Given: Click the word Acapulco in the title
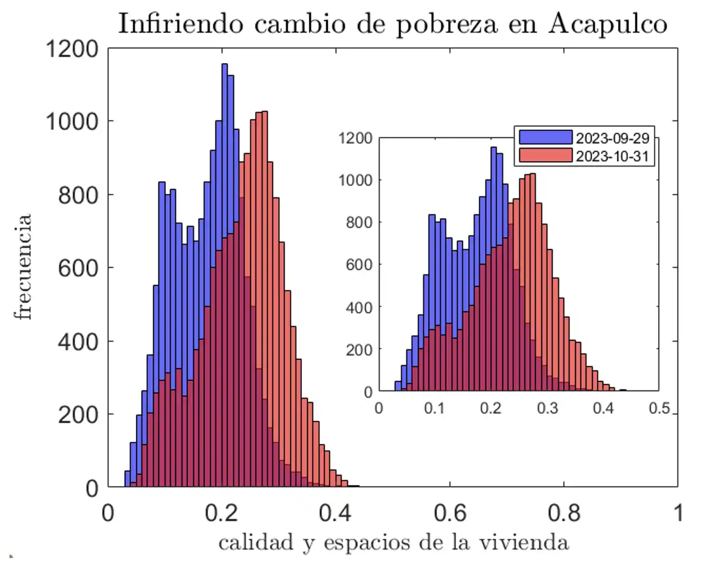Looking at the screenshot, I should (x=608, y=24).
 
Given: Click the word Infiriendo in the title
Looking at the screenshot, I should (x=180, y=24).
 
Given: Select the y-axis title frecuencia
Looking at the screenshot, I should (x=23, y=267).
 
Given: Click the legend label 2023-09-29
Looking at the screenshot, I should (x=612, y=138).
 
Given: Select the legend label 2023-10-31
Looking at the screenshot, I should (x=612, y=156).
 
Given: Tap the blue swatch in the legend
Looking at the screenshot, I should (x=545, y=137).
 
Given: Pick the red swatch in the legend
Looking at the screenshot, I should (x=545, y=155).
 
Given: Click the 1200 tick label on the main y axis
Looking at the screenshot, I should (x=72, y=49).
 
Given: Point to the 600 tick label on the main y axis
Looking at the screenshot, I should (x=78, y=268).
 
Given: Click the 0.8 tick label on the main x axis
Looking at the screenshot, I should (x=564, y=513).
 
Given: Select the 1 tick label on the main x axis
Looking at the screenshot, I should (x=679, y=513).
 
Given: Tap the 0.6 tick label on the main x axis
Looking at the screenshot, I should (x=450, y=513).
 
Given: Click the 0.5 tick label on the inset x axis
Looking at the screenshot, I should (x=659, y=408).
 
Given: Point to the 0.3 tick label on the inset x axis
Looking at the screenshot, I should (x=547, y=408).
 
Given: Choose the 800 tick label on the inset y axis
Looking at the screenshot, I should (x=359, y=222).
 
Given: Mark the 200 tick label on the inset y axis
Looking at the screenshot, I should (x=359, y=350).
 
